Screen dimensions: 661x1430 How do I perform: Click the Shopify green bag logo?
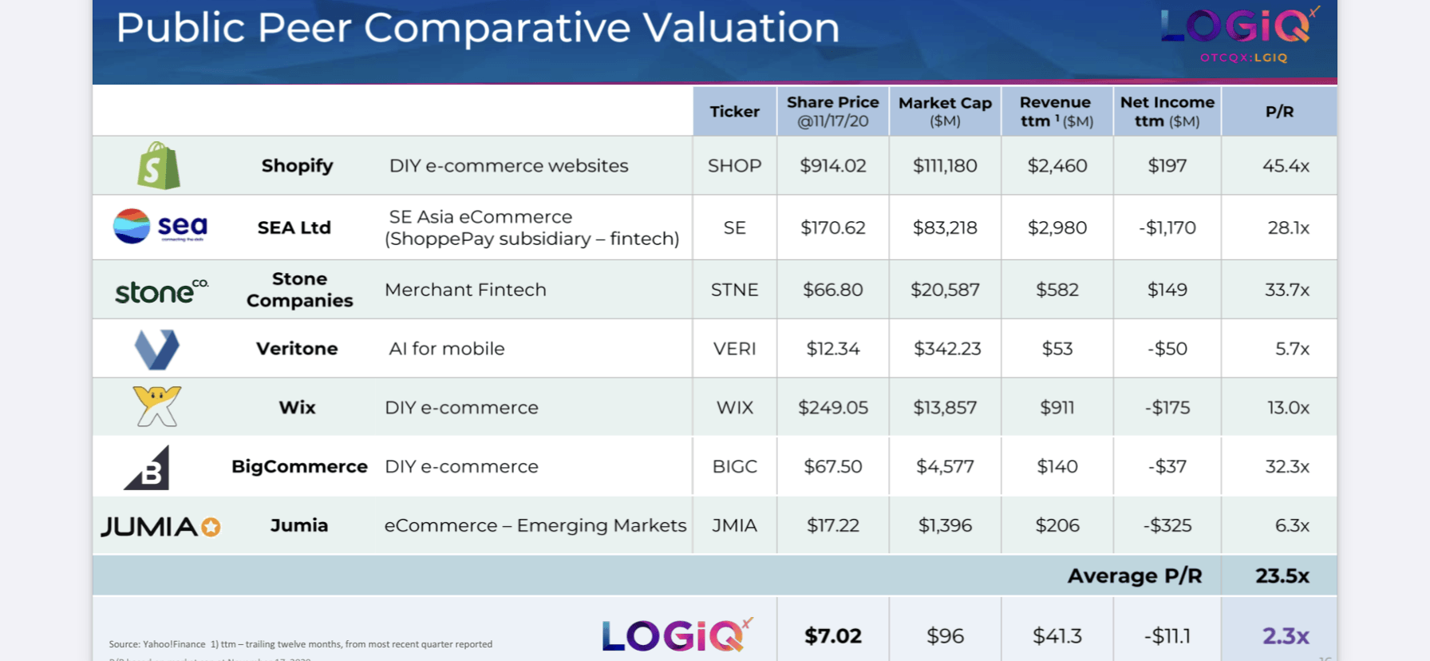(158, 166)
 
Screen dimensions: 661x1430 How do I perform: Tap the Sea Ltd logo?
(160, 227)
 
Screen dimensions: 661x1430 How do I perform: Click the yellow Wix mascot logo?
(157, 406)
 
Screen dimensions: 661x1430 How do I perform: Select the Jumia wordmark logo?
(160, 527)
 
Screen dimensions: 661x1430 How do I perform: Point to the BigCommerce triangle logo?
(148, 469)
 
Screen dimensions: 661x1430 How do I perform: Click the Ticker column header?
(734, 112)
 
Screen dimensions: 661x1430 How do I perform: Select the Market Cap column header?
(945, 112)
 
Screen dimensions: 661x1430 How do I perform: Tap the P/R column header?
(1279, 112)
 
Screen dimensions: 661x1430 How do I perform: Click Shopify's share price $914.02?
(832, 166)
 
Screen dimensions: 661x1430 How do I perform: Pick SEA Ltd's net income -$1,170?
(1167, 228)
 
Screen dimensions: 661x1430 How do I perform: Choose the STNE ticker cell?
(734, 290)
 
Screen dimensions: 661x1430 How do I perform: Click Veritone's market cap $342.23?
(946, 349)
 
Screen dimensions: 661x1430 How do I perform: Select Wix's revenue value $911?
(1057, 408)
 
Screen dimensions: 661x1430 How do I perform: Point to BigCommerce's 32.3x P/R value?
(1286, 466)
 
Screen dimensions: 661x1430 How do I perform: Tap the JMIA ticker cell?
(734, 525)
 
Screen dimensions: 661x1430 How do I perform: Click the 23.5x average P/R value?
(1282, 576)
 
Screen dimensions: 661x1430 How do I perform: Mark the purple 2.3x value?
(1285, 636)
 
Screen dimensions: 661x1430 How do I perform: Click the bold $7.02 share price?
(832, 636)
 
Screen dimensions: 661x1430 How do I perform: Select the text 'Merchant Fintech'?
(465, 290)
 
